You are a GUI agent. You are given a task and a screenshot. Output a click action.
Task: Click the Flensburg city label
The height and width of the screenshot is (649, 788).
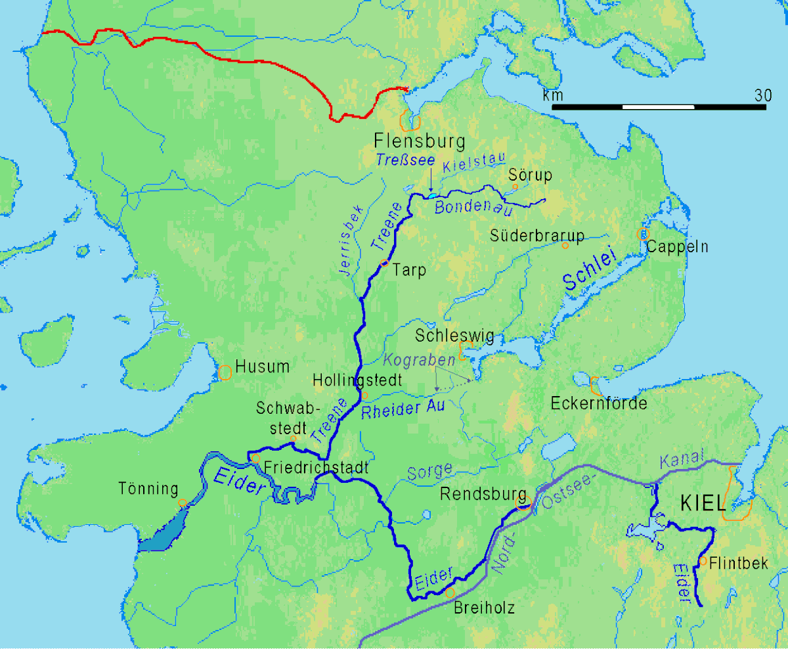click(x=419, y=141)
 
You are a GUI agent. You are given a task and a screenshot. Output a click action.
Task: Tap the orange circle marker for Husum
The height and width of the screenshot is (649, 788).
click(x=225, y=372)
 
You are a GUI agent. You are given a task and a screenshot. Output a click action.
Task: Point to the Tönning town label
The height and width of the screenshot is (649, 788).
click(x=148, y=489)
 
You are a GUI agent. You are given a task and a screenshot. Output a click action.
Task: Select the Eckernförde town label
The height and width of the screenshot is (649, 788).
click(x=599, y=403)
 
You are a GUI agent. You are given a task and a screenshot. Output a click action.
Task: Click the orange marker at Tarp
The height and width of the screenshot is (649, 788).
click(x=385, y=263)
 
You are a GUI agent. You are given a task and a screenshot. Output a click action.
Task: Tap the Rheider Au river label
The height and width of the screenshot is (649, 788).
click(x=403, y=408)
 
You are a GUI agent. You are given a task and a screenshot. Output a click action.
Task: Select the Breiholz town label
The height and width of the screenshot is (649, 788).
click(x=484, y=608)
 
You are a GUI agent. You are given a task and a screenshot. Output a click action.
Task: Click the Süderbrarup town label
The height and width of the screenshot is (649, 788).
click(x=537, y=236)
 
